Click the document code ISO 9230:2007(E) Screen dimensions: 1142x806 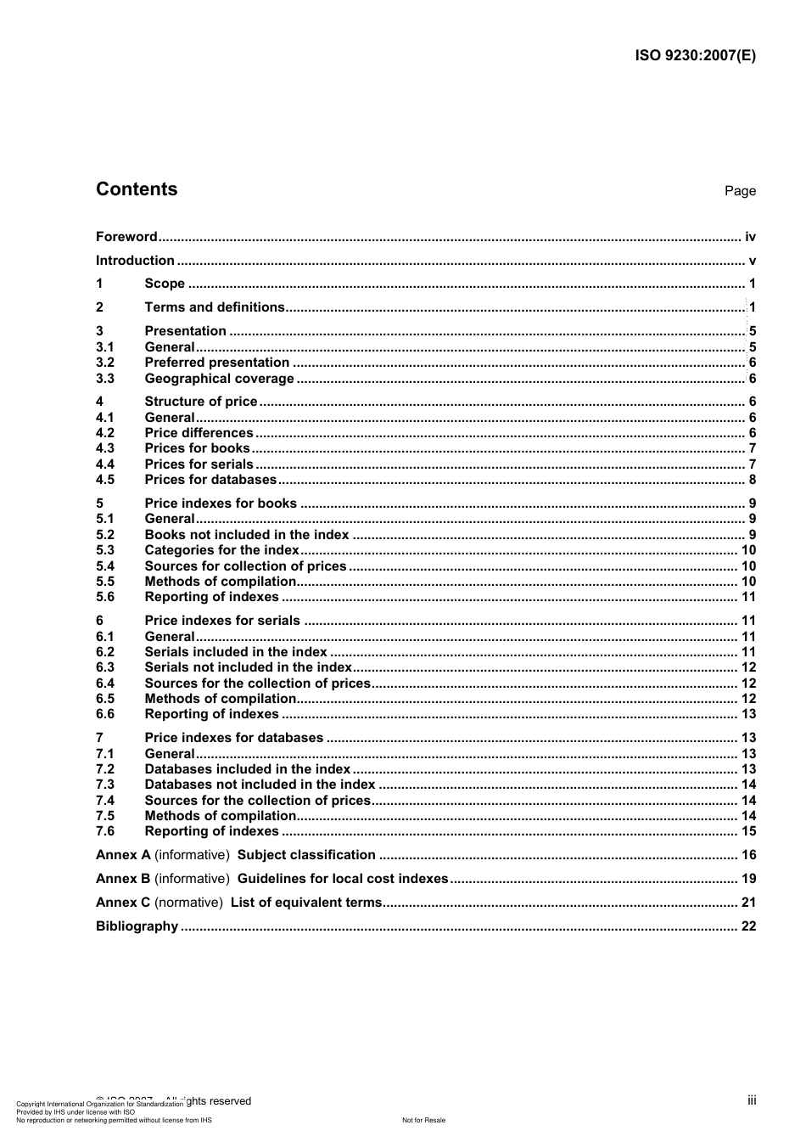coord(695,56)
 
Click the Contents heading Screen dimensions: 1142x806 coord(137,189)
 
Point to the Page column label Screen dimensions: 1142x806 coord(740,191)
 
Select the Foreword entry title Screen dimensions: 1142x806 coord(126,237)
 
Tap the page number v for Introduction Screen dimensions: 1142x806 coord(752,261)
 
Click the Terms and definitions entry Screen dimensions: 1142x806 coord(215,307)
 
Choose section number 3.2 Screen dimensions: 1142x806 coord(105,363)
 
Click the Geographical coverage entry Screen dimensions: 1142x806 coord(219,379)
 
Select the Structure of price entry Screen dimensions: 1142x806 coord(201,402)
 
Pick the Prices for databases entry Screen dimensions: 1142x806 coord(210,480)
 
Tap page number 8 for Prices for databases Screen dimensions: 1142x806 coord(752,480)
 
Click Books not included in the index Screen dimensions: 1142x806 coord(247,535)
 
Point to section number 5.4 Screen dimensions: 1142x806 coord(105,566)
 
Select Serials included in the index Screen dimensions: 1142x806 coord(236,652)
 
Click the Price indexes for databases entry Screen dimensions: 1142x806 coord(234,738)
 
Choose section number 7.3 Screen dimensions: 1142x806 coord(105,785)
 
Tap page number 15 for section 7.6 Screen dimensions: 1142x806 coord(748,831)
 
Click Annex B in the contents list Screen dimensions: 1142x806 coord(123,879)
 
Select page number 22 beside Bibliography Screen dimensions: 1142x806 coord(748,926)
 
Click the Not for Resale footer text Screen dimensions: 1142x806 coord(423,1120)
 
